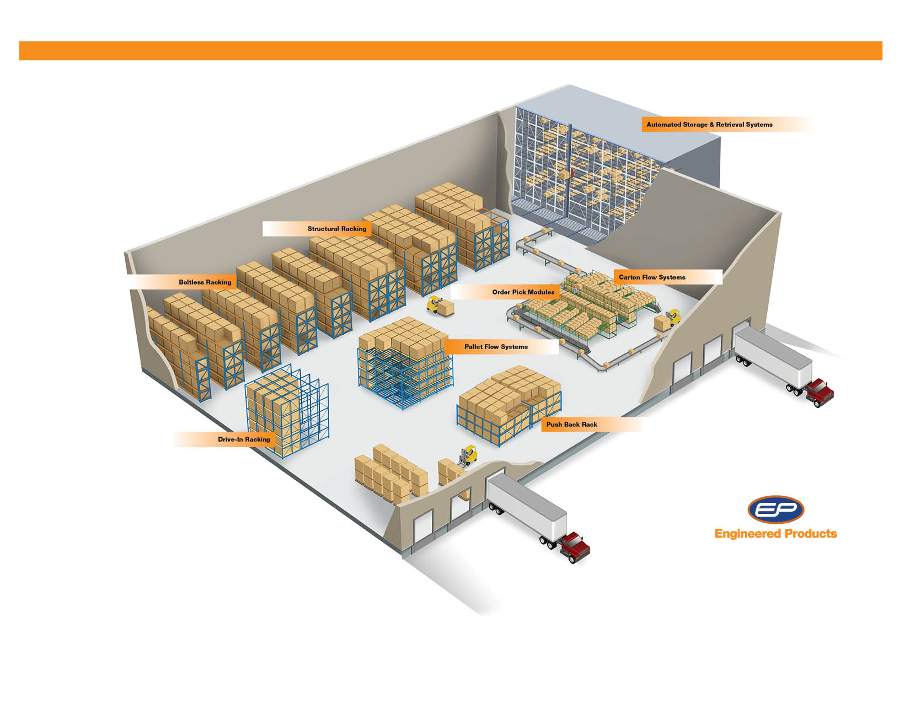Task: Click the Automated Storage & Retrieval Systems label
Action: [709, 125]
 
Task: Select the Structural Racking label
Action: [336, 229]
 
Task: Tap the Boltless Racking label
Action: [205, 282]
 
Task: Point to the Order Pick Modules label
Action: [523, 292]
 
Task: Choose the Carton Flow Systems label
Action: [652, 277]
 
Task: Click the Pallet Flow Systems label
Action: [496, 347]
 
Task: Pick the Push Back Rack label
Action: [571, 425]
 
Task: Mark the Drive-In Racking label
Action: [244, 439]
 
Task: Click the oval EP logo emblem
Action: [775, 509]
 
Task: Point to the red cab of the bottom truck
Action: [575, 547]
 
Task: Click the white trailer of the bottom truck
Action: [527, 507]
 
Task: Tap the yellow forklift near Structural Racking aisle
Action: [435, 304]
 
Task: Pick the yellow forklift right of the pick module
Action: [673, 317]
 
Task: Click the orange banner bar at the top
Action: [450, 51]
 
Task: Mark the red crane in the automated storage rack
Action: [573, 168]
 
